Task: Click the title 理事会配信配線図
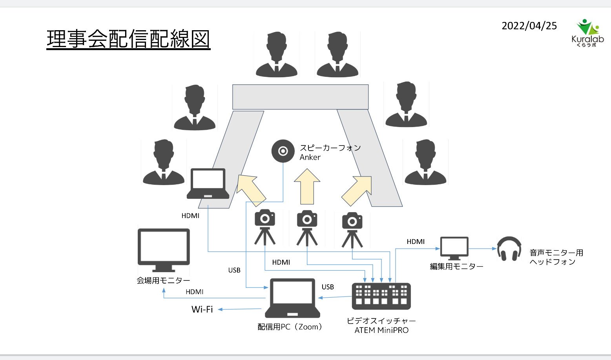pos(128,39)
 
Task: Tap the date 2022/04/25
pos(529,26)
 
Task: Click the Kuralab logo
pos(587,33)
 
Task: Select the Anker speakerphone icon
pos(283,151)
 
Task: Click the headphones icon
pos(509,249)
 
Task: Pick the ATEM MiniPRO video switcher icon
pos(381,296)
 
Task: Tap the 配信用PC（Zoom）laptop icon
pos(292,298)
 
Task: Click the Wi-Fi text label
pos(202,309)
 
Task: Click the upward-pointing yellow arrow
pos(307,187)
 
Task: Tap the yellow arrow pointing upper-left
pos(251,190)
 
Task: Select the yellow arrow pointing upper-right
pos(357,191)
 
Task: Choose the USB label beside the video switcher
pos(328,287)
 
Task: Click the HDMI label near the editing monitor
pos(416,242)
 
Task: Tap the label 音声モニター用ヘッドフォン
pos(556,257)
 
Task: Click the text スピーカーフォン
pos(330,148)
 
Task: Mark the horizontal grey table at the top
pos(300,97)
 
